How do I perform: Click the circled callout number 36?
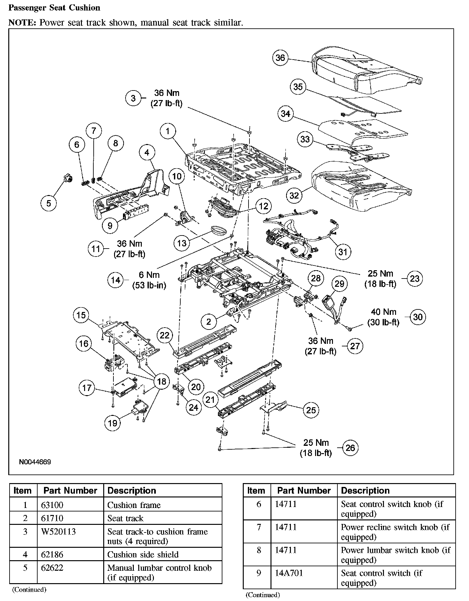280,58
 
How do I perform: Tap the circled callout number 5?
48,203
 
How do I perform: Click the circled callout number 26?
350,448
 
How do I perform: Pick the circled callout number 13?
182,243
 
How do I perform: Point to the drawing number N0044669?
35,462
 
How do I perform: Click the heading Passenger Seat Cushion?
54,8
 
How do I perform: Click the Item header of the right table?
256,490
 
